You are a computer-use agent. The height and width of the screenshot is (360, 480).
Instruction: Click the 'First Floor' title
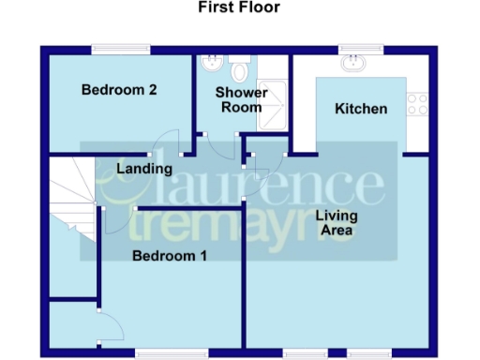click(239, 7)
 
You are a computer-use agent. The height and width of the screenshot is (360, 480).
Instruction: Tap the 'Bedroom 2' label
click(118, 90)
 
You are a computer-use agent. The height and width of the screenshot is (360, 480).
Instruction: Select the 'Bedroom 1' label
click(169, 255)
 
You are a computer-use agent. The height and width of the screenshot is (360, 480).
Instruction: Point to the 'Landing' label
click(144, 169)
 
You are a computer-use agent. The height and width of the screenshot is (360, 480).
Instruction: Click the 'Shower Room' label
click(241, 99)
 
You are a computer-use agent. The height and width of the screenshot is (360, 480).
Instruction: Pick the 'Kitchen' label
click(361, 109)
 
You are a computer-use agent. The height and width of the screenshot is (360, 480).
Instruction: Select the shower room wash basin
click(212, 64)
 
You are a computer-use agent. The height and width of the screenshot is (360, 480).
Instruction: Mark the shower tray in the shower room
click(274, 95)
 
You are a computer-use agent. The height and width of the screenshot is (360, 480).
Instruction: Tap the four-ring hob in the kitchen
click(417, 104)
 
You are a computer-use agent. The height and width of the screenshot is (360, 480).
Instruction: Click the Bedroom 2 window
click(121, 49)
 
